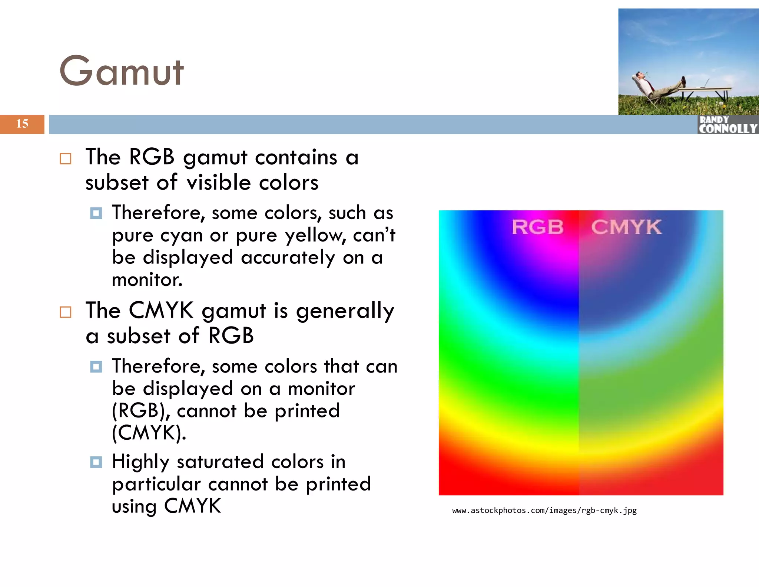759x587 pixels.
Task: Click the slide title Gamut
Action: [x=122, y=71]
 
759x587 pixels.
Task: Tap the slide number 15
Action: [x=22, y=124]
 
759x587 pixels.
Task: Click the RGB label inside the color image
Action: [x=537, y=227]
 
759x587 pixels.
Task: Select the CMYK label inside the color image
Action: [x=626, y=227]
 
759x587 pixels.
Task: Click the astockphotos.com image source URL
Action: [x=544, y=511]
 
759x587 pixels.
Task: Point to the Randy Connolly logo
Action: [x=727, y=125]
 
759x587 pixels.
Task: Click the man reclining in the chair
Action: [x=656, y=86]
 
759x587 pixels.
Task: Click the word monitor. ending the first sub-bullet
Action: [x=147, y=280]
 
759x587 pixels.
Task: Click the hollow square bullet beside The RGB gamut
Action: [x=66, y=159]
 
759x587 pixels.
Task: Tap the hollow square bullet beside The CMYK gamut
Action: [x=66, y=312]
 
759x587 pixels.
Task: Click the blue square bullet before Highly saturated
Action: [x=96, y=462]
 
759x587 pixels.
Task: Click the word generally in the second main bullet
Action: [x=345, y=311]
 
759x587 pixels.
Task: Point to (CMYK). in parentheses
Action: [x=149, y=433]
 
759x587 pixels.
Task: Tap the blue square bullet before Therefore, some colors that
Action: [x=96, y=367]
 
